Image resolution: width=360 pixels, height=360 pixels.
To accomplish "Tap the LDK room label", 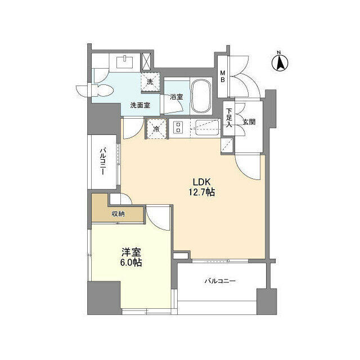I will (x=203, y=182).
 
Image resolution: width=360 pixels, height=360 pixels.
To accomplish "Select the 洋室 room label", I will (x=130, y=252).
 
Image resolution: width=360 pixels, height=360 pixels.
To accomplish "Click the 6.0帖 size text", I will (x=130, y=263).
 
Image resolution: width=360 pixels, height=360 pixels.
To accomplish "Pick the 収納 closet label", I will (x=118, y=214).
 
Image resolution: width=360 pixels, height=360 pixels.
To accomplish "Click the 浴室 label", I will (x=176, y=97).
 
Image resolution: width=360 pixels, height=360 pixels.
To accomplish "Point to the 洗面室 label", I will (x=140, y=105).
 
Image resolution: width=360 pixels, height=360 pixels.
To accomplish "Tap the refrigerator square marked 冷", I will (x=155, y=128).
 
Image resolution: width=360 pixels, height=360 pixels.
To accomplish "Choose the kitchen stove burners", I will (x=178, y=128).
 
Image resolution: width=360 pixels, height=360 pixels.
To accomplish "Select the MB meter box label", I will (x=223, y=75).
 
